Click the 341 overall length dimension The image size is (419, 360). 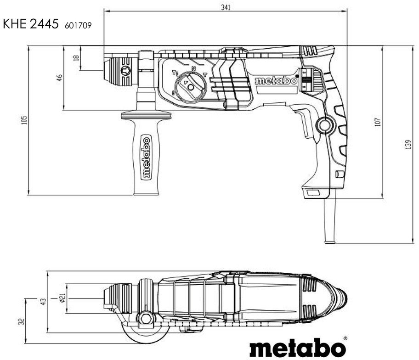tap(225, 6)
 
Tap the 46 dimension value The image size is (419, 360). tap(59, 78)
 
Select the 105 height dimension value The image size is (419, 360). tap(25, 120)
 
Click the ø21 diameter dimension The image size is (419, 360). tap(61, 299)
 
